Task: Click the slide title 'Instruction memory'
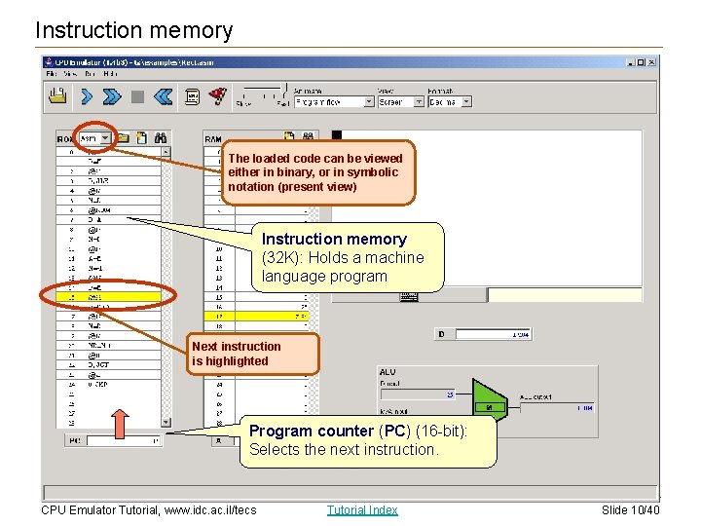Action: pyautogui.click(x=134, y=30)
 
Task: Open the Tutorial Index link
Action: pyautogui.click(x=362, y=509)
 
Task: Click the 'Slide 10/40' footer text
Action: pyautogui.click(x=631, y=509)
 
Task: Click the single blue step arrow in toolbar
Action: pyautogui.click(x=87, y=96)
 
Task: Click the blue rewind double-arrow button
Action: pyautogui.click(x=163, y=96)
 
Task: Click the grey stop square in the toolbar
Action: pyautogui.click(x=137, y=96)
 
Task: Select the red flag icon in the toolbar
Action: pyautogui.click(x=219, y=95)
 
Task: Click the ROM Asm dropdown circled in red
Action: pyautogui.click(x=95, y=138)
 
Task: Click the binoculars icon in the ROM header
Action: pyautogui.click(x=162, y=138)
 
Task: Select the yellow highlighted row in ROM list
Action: pyautogui.click(x=106, y=297)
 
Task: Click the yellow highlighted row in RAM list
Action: pyautogui.click(x=258, y=316)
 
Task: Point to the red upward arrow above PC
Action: pyautogui.click(x=119, y=424)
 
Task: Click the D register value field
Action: pyautogui.click(x=494, y=334)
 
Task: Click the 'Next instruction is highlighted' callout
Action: pyautogui.click(x=254, y=354)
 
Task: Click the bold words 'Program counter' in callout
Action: pyautogui.click(x=311, y=431)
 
